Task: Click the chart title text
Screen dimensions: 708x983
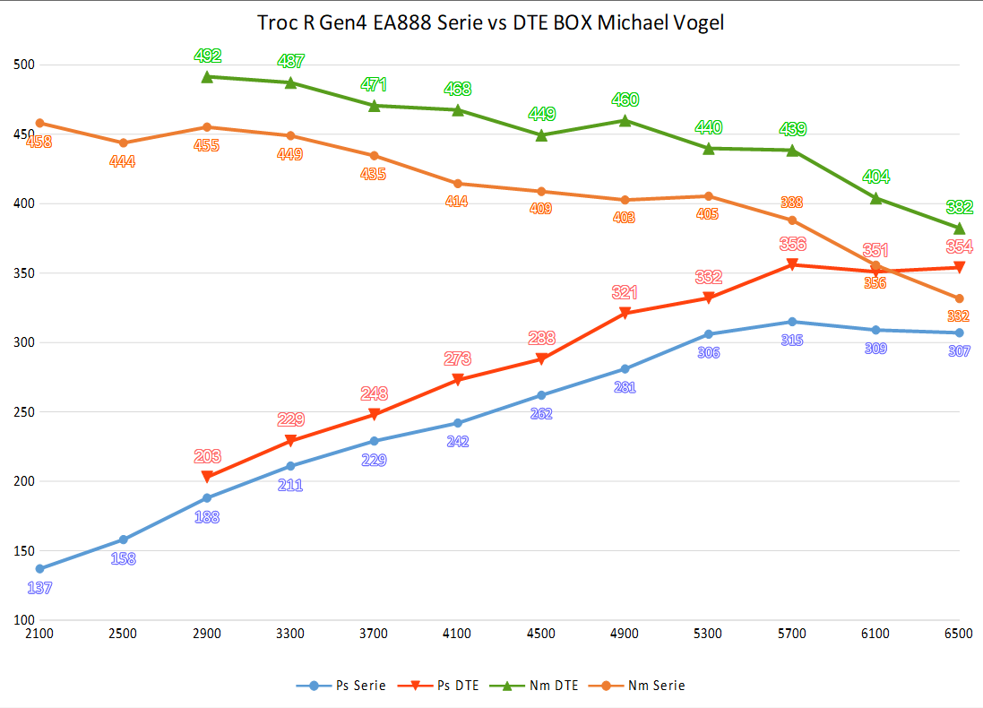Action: coord(491,23)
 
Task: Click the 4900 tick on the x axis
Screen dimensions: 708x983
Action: coord(625,634)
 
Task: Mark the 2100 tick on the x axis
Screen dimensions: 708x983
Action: coord(39,634)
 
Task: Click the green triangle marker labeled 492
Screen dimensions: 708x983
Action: coord(207,77)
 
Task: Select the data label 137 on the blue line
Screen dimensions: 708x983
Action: coord(39,589)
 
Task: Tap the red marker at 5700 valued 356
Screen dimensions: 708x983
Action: coord(792,265)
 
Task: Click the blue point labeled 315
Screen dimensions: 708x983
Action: coord(792,322)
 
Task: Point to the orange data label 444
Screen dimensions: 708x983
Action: coord(123,161)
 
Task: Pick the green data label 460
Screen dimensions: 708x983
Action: coord(625,99)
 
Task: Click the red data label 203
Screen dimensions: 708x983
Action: coord(207,456)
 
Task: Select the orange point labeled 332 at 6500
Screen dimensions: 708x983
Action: coord(959,298)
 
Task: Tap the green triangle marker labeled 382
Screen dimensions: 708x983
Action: coord(959,229)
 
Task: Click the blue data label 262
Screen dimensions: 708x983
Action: coord(541,414)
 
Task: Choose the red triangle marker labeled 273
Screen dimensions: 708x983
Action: coord(458,380)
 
